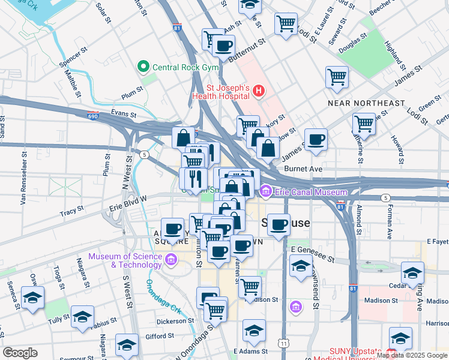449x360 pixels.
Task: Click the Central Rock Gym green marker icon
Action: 144,67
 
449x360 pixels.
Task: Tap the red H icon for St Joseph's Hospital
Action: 259,91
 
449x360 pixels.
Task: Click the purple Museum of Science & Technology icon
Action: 171,259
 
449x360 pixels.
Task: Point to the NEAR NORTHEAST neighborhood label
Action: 366,103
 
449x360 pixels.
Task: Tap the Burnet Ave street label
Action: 304,169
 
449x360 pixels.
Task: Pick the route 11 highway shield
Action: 282,343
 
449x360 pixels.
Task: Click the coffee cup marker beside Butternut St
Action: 223,46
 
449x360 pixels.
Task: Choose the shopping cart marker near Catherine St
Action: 364,124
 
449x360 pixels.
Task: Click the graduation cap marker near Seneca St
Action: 32,297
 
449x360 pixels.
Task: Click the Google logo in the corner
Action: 20,353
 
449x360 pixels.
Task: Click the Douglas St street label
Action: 352,40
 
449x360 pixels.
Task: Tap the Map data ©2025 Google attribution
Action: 412,355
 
